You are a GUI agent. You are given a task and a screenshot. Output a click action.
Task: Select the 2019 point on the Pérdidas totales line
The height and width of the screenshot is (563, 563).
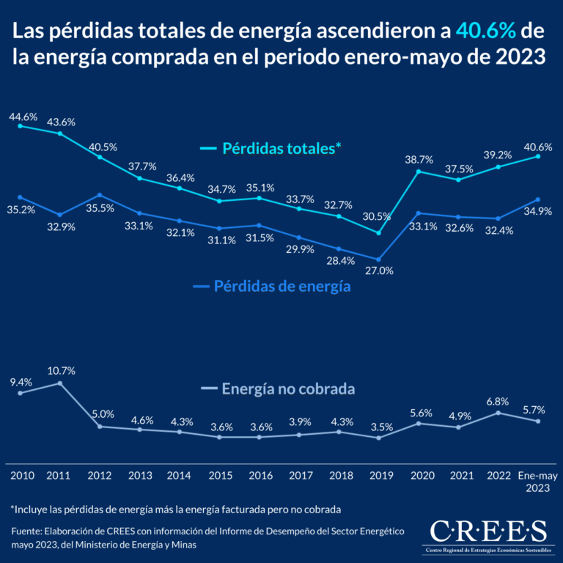pos(378,233)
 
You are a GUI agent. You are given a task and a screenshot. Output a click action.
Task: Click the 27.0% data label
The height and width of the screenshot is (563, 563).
pos(380,271)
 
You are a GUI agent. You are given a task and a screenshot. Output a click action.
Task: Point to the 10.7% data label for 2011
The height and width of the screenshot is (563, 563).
pos(61,371)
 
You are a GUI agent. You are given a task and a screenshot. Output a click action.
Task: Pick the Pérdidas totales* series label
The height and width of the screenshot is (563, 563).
pos(271,148)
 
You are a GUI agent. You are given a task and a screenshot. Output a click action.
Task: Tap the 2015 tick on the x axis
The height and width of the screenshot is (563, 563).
pos(221,476)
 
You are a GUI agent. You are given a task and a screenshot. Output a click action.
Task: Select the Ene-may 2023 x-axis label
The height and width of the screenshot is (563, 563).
pos(539,482)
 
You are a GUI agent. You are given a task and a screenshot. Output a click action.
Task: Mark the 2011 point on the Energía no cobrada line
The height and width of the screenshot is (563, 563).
pos(60,383)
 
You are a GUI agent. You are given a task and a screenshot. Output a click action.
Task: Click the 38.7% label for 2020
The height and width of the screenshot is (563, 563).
pos(419,159)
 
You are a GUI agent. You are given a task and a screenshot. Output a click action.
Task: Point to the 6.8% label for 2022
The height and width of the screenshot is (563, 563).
pos(498,400)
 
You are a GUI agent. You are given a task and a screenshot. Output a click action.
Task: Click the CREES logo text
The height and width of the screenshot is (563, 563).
pos(487,529)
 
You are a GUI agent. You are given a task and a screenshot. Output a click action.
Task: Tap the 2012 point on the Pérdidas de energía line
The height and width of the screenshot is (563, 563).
pos(100,195)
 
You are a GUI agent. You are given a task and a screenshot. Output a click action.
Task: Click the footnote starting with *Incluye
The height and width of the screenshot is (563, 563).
pos(176,509)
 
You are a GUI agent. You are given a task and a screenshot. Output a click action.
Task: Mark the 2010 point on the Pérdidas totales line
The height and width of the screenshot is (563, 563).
pos(20,126)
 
